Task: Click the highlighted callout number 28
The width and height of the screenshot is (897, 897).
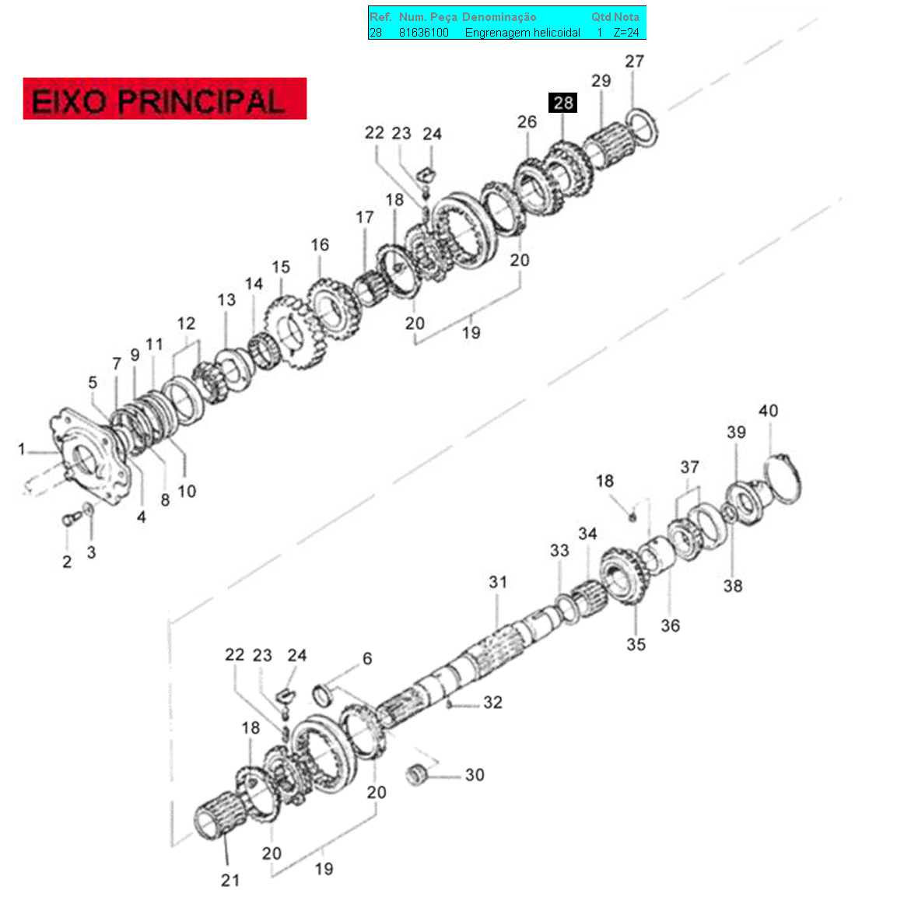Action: coord(562,103)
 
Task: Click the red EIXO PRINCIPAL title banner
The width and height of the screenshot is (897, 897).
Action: coord(165,98)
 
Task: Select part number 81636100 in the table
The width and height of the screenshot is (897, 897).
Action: coord(424,33)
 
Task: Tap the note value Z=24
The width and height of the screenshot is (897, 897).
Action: coord(626,33)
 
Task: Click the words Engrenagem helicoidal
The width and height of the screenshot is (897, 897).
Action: coord(522,33)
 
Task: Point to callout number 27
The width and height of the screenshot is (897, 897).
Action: coord(634,61)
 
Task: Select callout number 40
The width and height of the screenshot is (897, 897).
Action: coord(769,411)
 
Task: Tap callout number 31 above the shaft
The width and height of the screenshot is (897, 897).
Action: coord(498,583)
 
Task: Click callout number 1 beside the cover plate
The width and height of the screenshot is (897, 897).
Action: coord(22,449)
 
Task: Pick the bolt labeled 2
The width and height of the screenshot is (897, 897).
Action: coord(72,520)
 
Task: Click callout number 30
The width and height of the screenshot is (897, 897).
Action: coord(475,775)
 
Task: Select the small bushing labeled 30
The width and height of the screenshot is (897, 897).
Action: coord(417,775)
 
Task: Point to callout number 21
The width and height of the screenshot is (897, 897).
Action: coord(230,881)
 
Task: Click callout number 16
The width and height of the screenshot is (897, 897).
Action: coord(320,245)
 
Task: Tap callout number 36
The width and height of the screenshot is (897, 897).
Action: coord(671,625)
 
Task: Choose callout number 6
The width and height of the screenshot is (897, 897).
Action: coord(367,658)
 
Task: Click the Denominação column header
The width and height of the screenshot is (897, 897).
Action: coord(499,17)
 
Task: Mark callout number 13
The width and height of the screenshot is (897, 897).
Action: coord(226,300)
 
